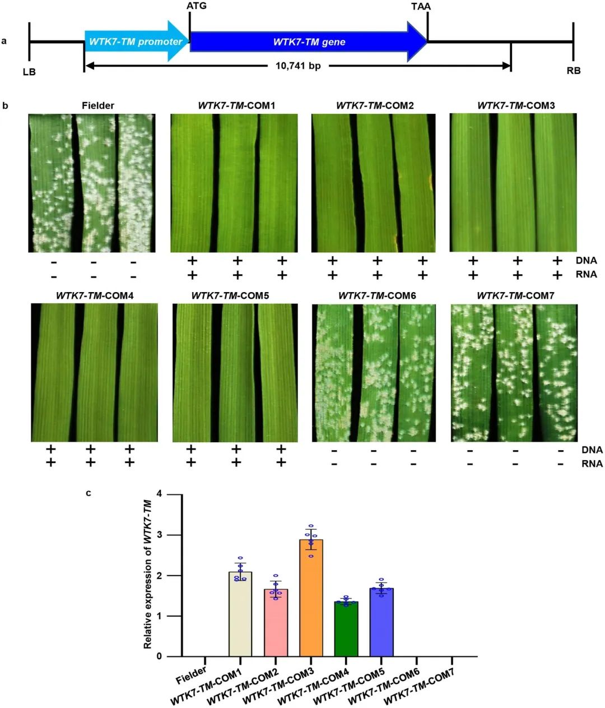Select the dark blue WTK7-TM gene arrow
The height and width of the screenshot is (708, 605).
click(308, 41)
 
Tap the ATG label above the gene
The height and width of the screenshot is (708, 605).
click(196, 6)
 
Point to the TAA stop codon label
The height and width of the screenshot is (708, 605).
click(421, 7)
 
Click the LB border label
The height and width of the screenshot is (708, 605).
click(29, 72)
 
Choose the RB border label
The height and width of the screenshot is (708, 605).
click(574, 71)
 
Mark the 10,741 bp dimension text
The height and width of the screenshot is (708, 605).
click(298, 66)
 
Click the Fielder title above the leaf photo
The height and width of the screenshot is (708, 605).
click(98, 105)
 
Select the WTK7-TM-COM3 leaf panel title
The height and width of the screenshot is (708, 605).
click(516, 105)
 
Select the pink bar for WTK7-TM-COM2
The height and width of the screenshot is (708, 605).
click(276, 622)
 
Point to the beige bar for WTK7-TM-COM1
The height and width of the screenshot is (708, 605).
click(240, 614)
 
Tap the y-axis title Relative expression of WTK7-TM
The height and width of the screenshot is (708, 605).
click(148, 574)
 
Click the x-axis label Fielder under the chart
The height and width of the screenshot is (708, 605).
click(192, 674)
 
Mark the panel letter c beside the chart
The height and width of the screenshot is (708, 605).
click(88, 493)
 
